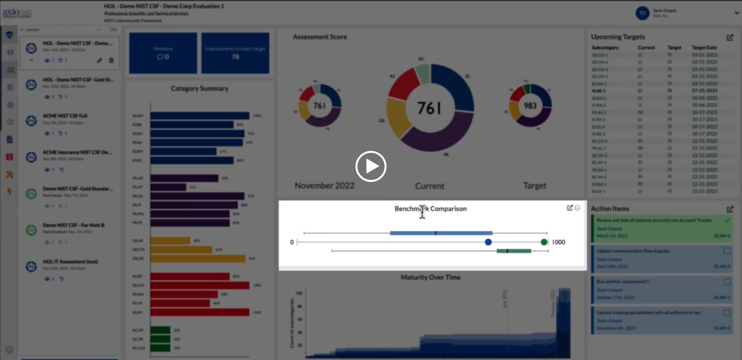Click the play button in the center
pyautogui.click(x=371, y=166)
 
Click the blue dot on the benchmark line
pyautogui.click(x=488, y=242)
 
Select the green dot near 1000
pyautogui.click(x=544, y=242)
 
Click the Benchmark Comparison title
pyautogui.click(x=430, y=209)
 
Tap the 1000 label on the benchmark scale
pyautogui.click(x=558, y=242)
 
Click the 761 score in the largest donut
pyautogui.click(x=429, y=108)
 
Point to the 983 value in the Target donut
pyautogui.click(x=530, y=106)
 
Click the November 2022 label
pyautogui.click(x=324, y=186)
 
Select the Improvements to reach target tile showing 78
pyautogui.click(x=235, y=53)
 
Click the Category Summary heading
pyautogui.click(x=199, y=88)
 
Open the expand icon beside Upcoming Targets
pyautogui.click(x=730, y=37)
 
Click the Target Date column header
pyautogui.click(x=704, y=47)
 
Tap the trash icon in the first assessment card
pyautogui.click(x=111, y=60)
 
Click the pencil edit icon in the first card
pyautogui.click(x=100, y=60)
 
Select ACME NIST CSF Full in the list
pyautogui.click(x=65, y=116)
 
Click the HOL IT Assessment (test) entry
pyautogui.click(x=70, y=261)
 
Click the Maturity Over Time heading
pyautogui.click(x=430, y=277)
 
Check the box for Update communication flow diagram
pyautogui.click(x=726, y=251)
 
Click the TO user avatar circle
pyautogui.click(x=642, y=13)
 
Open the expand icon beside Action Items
pyautogui.click(x=730, y=209)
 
